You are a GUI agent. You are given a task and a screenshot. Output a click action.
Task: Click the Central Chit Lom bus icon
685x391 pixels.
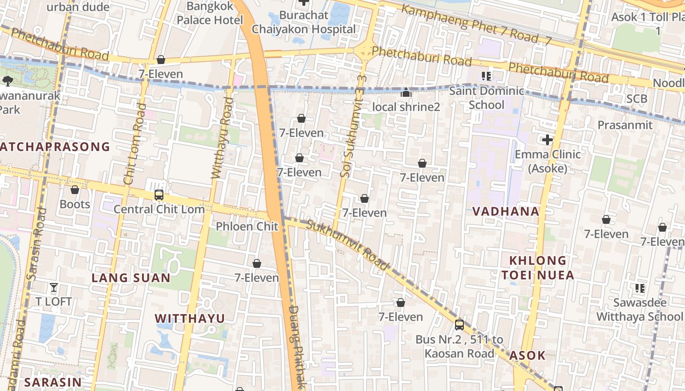pos(159,195)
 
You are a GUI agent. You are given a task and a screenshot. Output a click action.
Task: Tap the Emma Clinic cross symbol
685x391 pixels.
pos(548,140)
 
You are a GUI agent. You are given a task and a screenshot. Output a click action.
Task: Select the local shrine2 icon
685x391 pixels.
pos(406,92)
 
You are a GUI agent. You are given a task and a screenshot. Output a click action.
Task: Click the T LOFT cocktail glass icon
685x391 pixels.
pos(54,287)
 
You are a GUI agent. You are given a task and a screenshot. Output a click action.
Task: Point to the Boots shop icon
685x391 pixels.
pos(75,190)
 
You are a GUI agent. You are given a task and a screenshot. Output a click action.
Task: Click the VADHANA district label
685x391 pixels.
pos(505,212)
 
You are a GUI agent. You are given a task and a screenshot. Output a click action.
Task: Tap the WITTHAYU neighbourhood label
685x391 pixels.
pos(190,319)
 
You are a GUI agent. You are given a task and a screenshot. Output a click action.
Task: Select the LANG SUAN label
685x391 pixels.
pos(131,278)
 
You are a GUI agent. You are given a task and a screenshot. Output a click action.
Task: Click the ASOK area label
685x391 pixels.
pos(527,355)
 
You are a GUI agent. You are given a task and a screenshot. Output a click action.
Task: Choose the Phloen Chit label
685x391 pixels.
pos(247,226)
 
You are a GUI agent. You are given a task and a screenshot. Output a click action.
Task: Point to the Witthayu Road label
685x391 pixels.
pos(222,138)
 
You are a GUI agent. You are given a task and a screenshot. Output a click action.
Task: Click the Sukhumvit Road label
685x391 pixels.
pos(347,244)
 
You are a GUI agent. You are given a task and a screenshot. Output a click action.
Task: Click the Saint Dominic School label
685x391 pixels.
pos(486,98)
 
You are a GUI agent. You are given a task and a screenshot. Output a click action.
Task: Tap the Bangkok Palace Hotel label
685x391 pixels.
pos(210,13)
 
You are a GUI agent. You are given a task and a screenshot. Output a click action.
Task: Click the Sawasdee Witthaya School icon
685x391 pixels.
pos(639,288)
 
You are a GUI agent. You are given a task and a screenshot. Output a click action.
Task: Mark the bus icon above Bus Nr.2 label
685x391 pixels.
pos(459,325)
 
